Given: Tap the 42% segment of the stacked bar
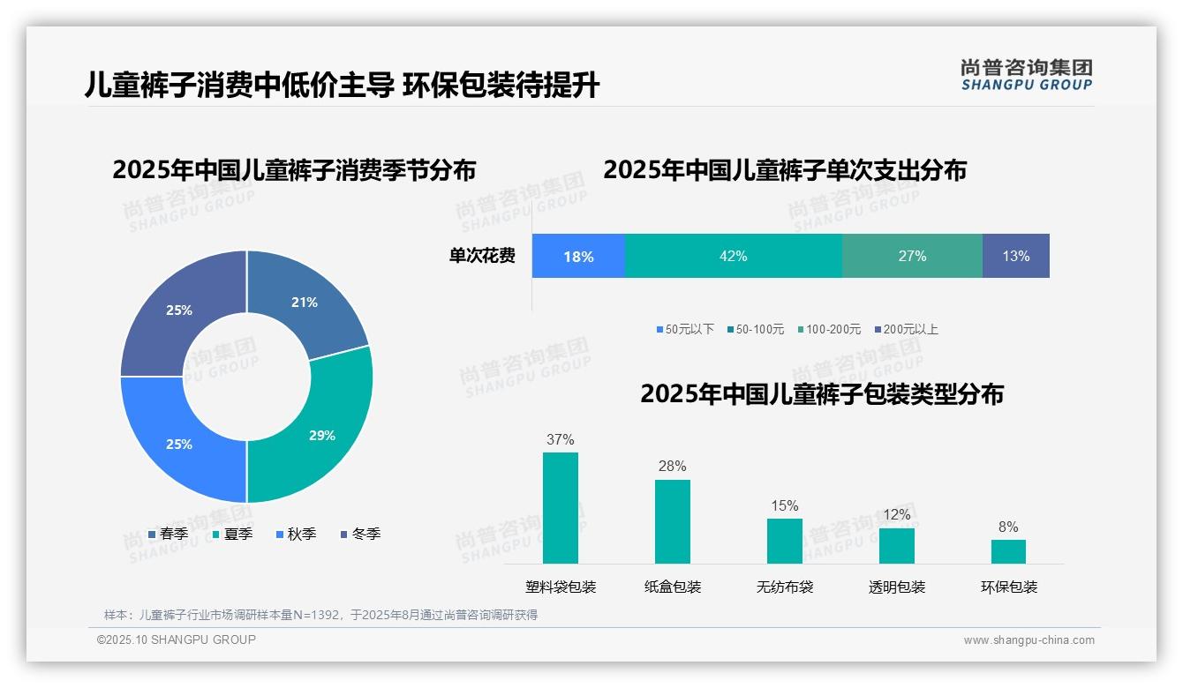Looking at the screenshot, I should pyautogui.click(x=733, y=256).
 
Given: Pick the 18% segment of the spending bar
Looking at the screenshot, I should pyautogui.click(x=578, y=257).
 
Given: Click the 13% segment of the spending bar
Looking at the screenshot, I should pyautogui.click(x=1015, y=256).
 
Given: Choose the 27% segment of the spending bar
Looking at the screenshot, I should pyautogui.click(x=912, y=256).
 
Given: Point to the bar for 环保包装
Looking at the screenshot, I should pyautogui.click(x=1008, y=551).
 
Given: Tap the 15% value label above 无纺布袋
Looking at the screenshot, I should pyautogui.click(x=785, y=505).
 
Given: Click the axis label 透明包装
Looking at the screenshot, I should pyautogui.click(x=897, y=587).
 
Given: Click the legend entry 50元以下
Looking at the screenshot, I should pyautogui.click(x=685, y=329).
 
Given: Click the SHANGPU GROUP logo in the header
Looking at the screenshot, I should pyautogui.click(x=1026, y=75).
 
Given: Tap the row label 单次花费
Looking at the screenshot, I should pyautogui.click(x=482, y=256).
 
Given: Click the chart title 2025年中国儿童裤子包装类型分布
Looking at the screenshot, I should pyautogui.click(x=822, y=393).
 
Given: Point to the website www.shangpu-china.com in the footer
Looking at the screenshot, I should pyautogui.click(x=1029, y=639).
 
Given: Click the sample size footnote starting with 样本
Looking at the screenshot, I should pyautogui.click(x=320, y=615).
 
